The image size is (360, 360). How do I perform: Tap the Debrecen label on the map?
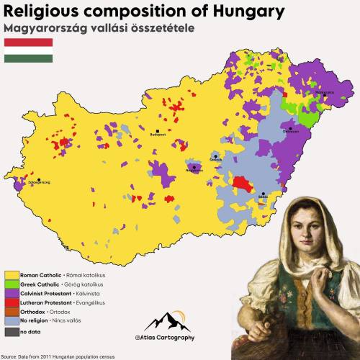click(x=291, y=132)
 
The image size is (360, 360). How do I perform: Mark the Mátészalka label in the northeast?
click(x=321, y=94)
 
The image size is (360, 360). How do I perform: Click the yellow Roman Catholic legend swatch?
click(x=12, y=275)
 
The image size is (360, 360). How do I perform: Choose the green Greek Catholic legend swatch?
click(x=12, y=284)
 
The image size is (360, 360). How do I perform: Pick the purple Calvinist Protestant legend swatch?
click(x=12, y=294)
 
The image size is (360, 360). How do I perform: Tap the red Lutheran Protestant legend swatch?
click(x=12, y=303)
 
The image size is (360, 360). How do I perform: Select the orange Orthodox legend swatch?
click(x=12, y=312)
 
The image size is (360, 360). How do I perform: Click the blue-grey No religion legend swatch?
click(x=12, y=322)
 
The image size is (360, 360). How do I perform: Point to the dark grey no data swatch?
click(x=12, y=332)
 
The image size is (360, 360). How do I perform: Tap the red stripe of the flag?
click(x=29, y=42)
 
